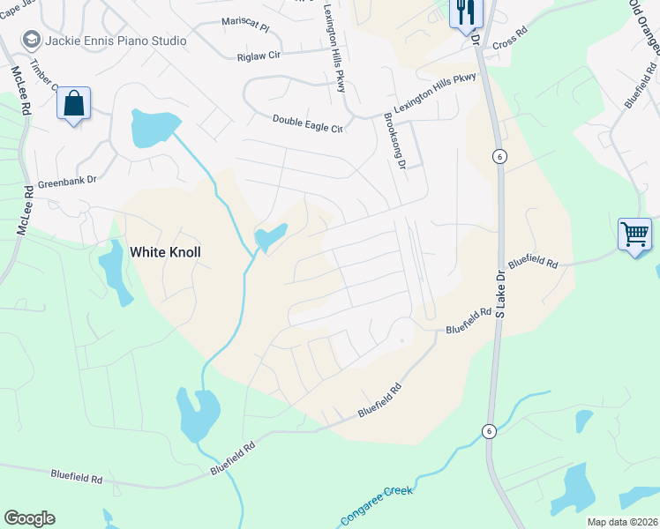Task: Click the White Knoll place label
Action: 165,252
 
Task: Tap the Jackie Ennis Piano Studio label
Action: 116,41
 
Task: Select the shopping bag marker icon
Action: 74,103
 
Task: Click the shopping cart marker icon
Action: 634,235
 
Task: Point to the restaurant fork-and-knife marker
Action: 465,13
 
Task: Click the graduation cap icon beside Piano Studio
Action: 32,40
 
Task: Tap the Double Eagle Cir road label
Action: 307,123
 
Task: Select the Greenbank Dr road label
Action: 67,184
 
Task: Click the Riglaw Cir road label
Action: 258,56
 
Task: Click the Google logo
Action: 29,518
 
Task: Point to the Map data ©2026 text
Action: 621,522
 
